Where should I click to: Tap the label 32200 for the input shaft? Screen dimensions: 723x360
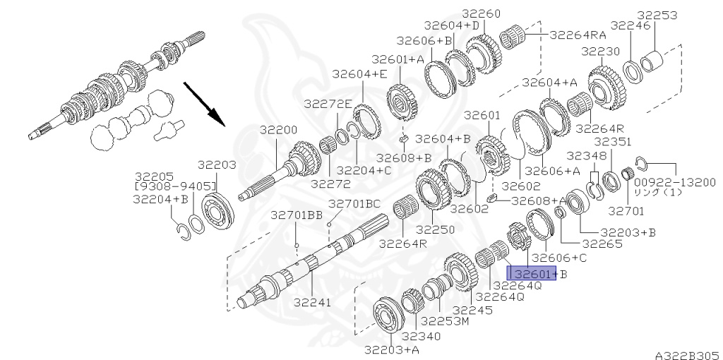point(278,130)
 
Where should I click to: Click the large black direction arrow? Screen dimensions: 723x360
point(204,104)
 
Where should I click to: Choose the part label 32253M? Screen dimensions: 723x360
point(445,320)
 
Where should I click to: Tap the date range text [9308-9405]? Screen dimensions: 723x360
point(175,186)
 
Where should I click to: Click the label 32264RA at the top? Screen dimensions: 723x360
point(578,35)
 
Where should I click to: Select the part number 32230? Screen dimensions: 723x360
point(600,51)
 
